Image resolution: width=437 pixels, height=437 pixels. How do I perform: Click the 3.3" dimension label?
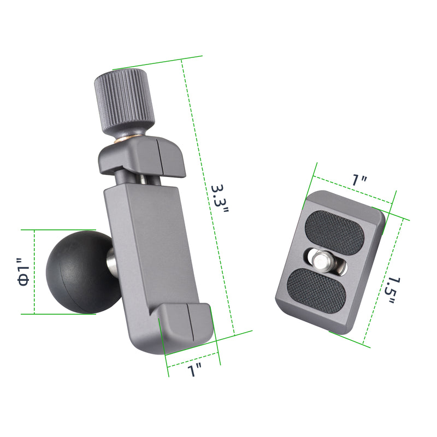(220, 199)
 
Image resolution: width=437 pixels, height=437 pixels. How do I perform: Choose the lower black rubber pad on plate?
(317, 291)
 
